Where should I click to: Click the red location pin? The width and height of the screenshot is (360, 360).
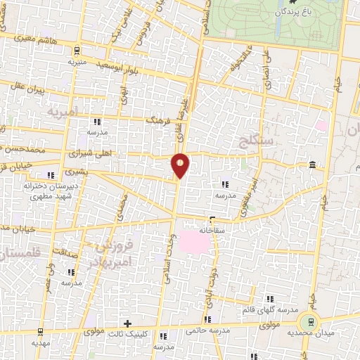click(181, 165)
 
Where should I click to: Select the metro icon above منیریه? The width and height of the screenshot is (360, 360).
click(77, 49)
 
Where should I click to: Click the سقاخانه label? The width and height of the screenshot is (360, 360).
click(215, 229)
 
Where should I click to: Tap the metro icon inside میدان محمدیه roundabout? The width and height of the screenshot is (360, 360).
click(307, 323)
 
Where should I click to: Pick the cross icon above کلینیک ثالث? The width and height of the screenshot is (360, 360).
click(127, 323)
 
